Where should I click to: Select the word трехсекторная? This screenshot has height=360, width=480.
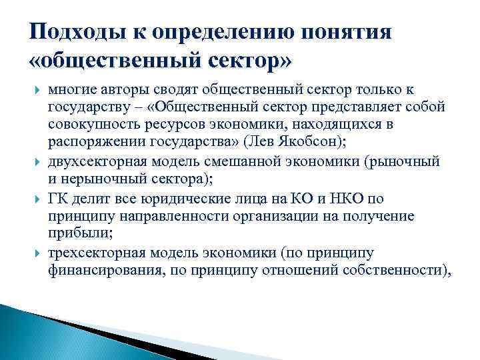tap(89, 253)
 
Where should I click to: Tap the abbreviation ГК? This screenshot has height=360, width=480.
tap(57, 199)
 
